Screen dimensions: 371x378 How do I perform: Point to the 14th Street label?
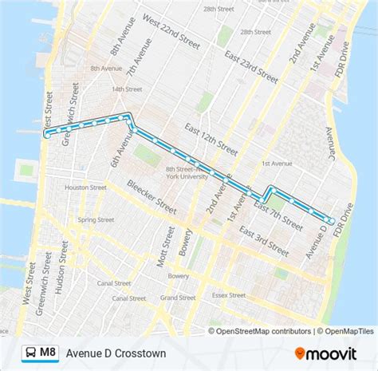[123, 89]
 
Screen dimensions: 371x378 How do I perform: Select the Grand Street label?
[177, 298]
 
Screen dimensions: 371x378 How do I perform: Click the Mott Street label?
[168, 247]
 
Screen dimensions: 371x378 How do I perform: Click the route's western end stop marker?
[47, 136]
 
